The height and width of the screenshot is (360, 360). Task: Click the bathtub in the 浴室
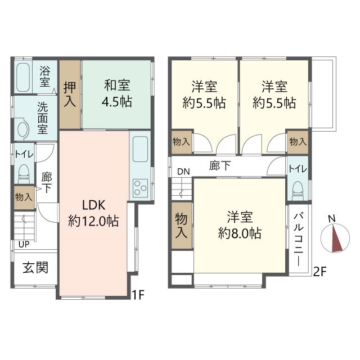(x=23, y=77)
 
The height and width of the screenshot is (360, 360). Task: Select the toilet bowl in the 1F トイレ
(x=24, y=172)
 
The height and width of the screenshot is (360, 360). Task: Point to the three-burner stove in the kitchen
(x=141, y=188)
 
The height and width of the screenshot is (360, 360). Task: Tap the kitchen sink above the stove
(x=140, y=149)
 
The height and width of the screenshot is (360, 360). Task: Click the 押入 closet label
(x=70, y=94)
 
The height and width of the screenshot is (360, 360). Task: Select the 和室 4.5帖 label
(x=117, y=93)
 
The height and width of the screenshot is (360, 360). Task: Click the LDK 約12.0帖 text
(x=93, y=213)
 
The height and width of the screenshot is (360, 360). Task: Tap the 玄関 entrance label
(x=35, y=268)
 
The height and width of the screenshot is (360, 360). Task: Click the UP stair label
(x=24, y=245)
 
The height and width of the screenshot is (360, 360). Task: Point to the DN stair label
(x=183, y=172)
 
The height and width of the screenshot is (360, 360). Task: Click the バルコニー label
(x=299, y=239)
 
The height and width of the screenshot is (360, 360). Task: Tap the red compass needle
(x=336, y=238)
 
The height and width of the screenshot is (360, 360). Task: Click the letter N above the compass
(x=331, y=218)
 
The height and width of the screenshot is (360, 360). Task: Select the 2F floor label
(x=320, y=272)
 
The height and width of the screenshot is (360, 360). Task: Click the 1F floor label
(x=138, y=295)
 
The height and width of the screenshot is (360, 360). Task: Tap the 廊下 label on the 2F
(x=220, y=166)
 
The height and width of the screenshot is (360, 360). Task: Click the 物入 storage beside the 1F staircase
(x=24, y=197)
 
